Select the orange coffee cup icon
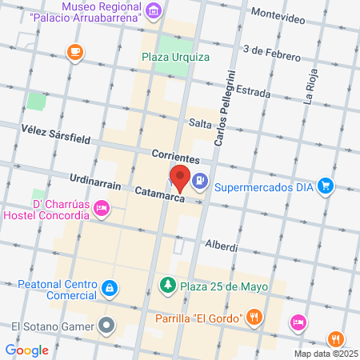[x=74, y=52]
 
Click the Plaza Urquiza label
[x=175, y=57]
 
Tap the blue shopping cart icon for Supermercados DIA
[x=326, y=186]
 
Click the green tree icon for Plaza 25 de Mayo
[x=167, y=284]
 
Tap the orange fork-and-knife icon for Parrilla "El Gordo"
[x=254, y=316]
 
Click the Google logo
[x=27, y=350]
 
